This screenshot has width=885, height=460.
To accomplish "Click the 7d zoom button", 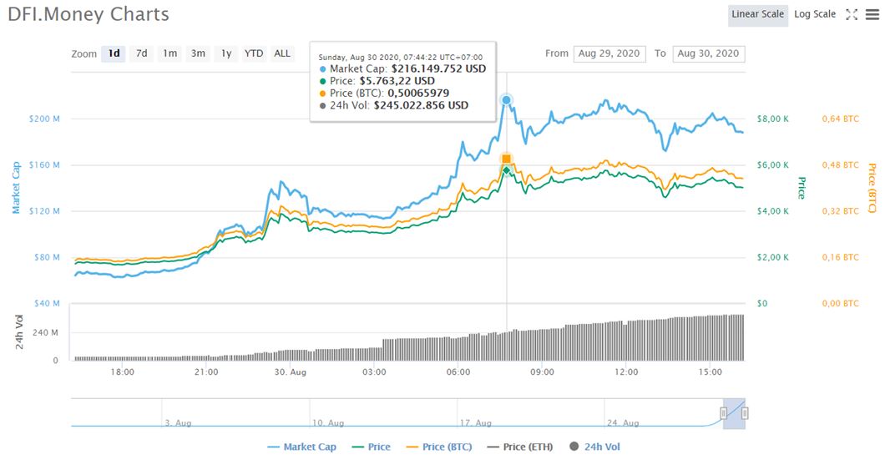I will point(142,53).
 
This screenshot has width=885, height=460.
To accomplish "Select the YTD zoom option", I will point(254,53).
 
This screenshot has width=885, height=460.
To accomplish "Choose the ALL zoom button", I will point(282,53).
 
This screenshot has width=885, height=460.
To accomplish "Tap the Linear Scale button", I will point(757,14).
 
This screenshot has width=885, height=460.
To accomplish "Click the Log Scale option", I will point(814,14).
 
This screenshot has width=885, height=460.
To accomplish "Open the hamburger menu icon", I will point(873,14).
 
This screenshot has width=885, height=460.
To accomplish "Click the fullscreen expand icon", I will point(852,14).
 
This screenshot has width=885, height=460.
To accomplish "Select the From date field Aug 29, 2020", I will point(609,53).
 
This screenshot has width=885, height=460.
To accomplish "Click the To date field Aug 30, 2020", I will point(708,53).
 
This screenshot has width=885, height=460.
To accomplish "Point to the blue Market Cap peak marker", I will point(506,100).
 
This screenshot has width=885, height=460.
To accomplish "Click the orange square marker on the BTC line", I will point(506,159).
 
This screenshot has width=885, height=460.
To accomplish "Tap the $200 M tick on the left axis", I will point(44,119).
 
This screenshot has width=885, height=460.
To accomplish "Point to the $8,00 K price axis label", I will point(771,119).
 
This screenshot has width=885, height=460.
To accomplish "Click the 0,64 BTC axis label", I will point(840,119).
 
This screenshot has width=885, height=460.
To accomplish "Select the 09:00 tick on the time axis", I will point(542,372).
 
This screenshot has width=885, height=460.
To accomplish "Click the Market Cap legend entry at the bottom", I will point(302,447).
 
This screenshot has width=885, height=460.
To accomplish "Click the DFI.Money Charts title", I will point(88,14).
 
